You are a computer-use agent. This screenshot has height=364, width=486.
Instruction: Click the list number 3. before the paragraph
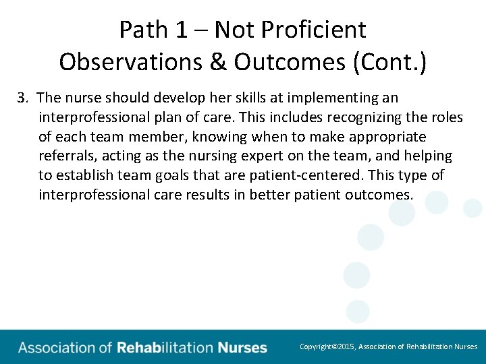coord(24,98)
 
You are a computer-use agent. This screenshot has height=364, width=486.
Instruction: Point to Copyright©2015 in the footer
coord(327,346)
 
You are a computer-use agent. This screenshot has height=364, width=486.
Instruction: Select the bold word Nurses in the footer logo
coord(242,348)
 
